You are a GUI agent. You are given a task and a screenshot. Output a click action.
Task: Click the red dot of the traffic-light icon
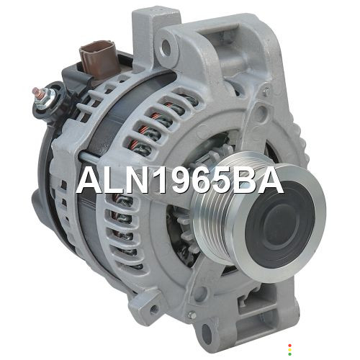pyautogui.click(x=289, y=346)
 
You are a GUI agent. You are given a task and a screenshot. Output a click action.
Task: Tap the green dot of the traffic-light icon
pyautogui.click(x=289, y=354)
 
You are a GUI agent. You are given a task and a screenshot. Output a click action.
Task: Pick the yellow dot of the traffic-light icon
pyautogui.click(x=289, y=350)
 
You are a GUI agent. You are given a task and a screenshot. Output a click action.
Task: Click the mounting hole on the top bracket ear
pyautogui.click(x=166, y=47)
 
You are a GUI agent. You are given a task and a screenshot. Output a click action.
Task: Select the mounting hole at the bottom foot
pyautogui.click(x=207, y=333)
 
